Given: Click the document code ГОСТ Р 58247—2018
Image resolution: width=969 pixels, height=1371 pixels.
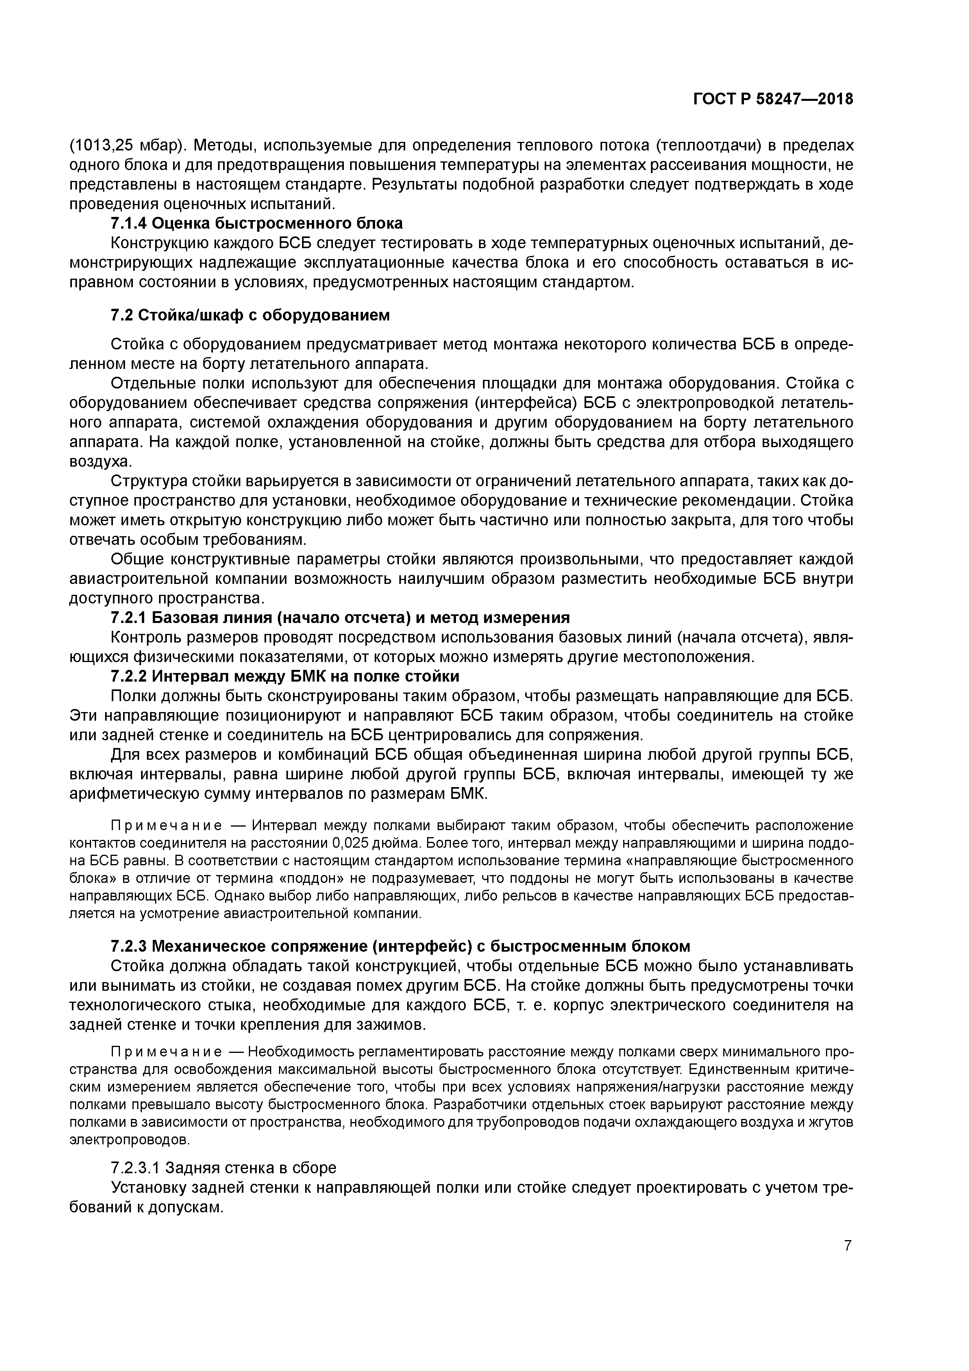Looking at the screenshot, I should pyautogui.click(x=773, y=99).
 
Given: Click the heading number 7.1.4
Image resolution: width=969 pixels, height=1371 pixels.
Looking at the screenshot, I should pyautogui.click(x=129, y=223).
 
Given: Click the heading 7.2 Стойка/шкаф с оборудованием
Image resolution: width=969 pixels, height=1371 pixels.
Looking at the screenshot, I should pyautogui.click(x=250, y=315).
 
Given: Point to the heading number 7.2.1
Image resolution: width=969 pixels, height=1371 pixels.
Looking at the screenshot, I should pyautogui.click(x=129, y=617).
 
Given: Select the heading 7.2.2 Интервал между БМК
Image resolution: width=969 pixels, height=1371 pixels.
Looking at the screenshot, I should pyautogui.click(x=285, y=677).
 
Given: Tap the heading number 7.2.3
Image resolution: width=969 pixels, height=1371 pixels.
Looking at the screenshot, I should pyautogui.click(x=129, y=947).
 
